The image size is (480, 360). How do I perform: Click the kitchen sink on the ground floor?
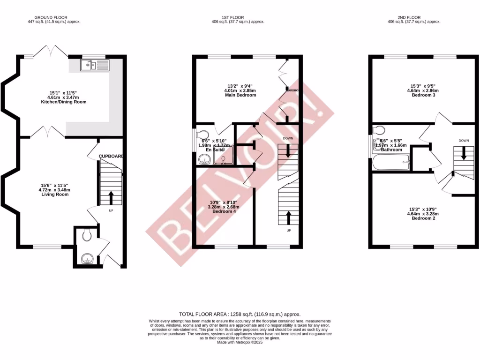tap(94, 65)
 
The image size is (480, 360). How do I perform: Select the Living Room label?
tap(55, 194)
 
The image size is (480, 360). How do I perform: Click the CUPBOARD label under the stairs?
tap(111, 156)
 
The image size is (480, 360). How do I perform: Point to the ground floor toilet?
tap(86, 235)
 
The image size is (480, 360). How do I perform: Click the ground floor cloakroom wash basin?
tap(88, 259)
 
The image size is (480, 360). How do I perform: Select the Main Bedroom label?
tap(240, 95)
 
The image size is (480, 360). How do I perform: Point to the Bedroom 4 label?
tap(223, 211)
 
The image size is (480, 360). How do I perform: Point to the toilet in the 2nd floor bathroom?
tap(380, 130)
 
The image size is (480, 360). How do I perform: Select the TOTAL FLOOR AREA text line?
tap(240, 314)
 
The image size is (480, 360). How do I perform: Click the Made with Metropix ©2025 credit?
tap(240, 342)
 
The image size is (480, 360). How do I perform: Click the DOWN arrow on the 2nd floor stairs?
tap(464, 153)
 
